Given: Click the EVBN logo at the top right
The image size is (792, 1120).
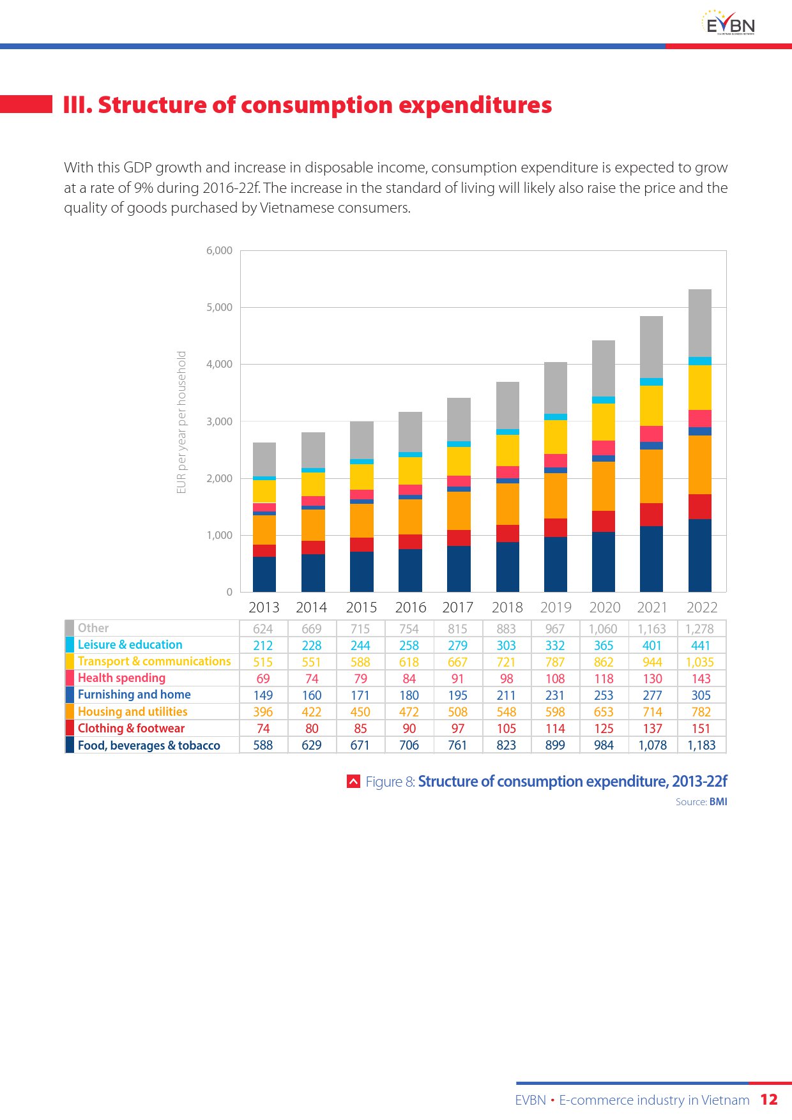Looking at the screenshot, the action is (728, 23).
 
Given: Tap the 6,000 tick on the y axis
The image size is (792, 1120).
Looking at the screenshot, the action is (219, 250).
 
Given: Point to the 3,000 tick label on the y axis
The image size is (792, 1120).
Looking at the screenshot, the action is (219, 421).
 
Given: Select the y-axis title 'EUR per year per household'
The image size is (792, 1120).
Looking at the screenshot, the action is (181, 422).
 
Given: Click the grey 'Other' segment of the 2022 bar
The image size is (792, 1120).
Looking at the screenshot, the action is (700, 323).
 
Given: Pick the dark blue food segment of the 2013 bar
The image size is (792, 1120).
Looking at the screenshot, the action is (264, 574).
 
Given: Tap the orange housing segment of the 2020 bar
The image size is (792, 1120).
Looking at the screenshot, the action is (604, 486).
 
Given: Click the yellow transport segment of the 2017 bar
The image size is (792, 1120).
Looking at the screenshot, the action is (459, 461).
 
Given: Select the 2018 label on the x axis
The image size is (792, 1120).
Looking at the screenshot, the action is (507, 607).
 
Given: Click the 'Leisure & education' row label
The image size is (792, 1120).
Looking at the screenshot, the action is (130, 645).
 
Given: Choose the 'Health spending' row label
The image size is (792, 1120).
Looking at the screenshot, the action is (121, 678).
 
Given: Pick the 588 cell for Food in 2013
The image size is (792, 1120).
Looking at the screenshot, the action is (263, 745).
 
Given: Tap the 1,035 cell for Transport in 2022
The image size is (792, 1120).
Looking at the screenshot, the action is (700, 662).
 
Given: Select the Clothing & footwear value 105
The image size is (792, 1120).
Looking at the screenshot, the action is (506, 729).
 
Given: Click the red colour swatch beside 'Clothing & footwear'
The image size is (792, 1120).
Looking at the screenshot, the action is (70, 728).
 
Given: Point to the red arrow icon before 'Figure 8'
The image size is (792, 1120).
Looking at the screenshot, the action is (353, 781).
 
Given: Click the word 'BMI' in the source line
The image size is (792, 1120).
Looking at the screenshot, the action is (718, 801).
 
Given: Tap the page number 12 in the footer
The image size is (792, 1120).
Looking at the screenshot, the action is (769, 1100).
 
